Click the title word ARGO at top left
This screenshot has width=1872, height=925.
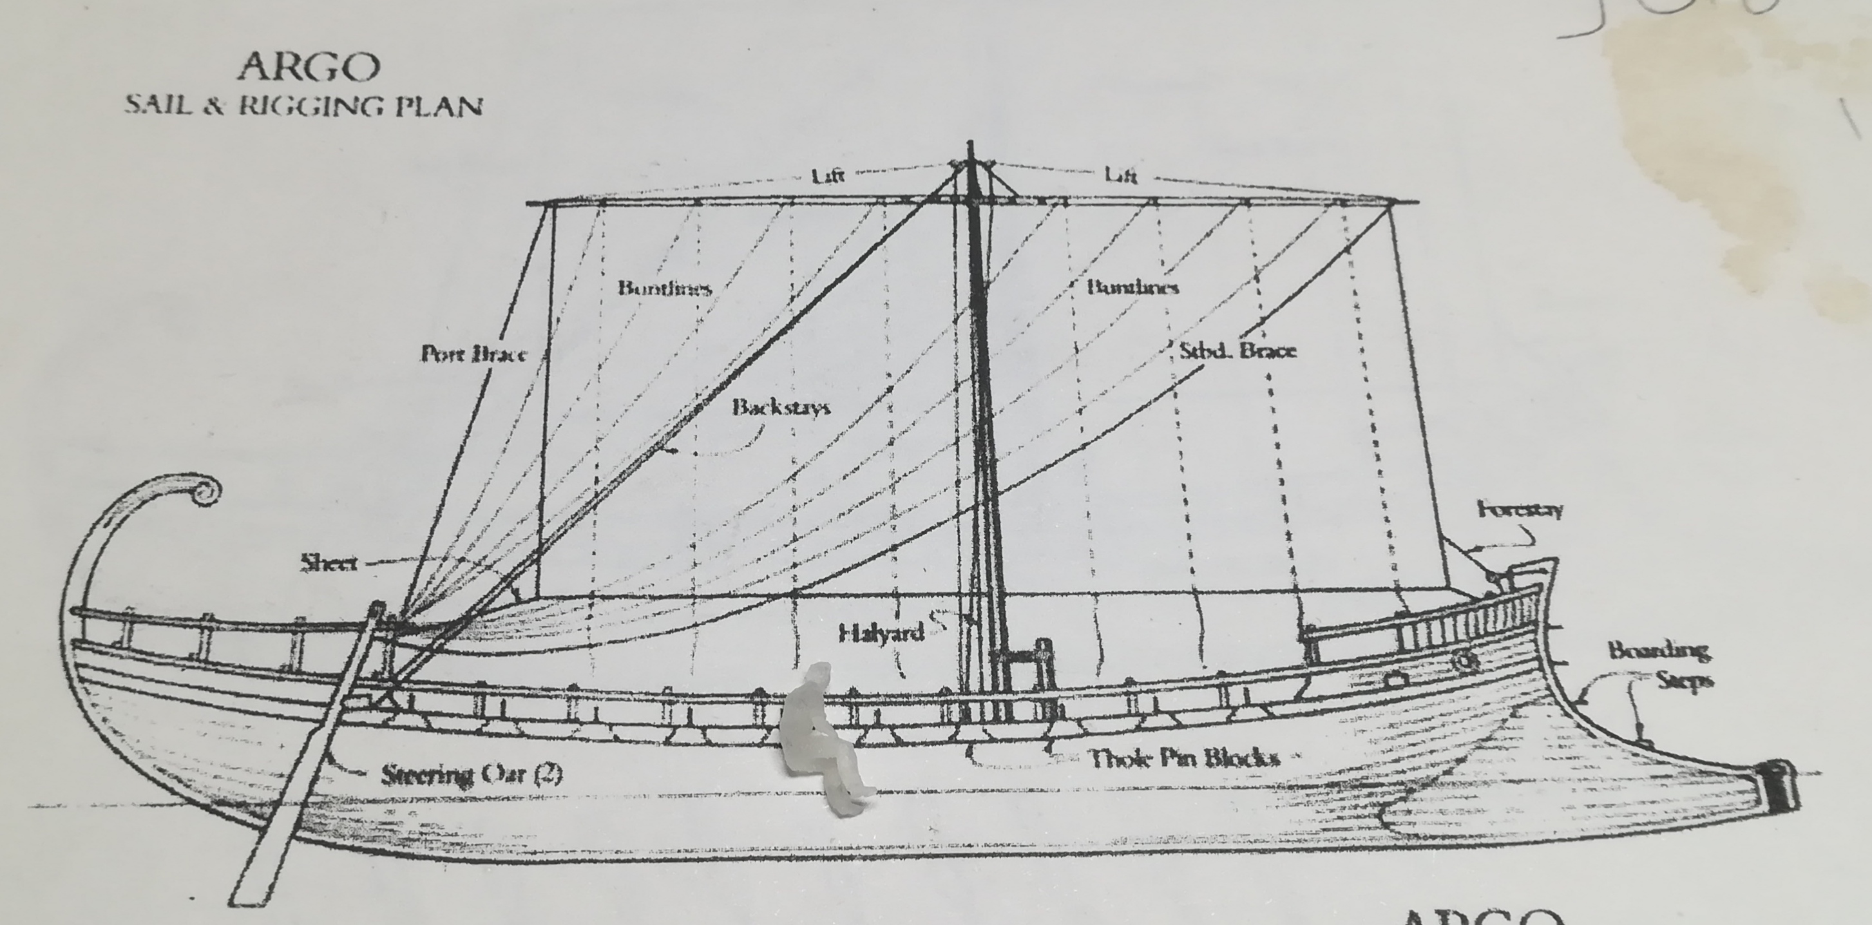click(309, 68)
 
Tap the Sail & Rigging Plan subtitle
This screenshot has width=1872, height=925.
click(304, 106)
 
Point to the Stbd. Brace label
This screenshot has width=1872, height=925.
click(1237, 351)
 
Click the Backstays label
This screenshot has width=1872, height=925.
click(781, 406)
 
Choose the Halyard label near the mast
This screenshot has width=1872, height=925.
click(881, 634)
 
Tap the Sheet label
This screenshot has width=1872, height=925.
click(329, 562)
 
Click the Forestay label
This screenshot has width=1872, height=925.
click(1520, 510)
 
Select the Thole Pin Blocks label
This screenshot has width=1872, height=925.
click(1184, 759)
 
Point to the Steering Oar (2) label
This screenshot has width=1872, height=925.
click(472, 774)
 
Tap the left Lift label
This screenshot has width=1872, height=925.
click(828, 175)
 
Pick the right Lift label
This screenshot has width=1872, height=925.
click(1121, 175)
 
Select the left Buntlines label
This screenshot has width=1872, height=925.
click(664, 288)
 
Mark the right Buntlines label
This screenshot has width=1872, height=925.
click(1132, 287)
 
